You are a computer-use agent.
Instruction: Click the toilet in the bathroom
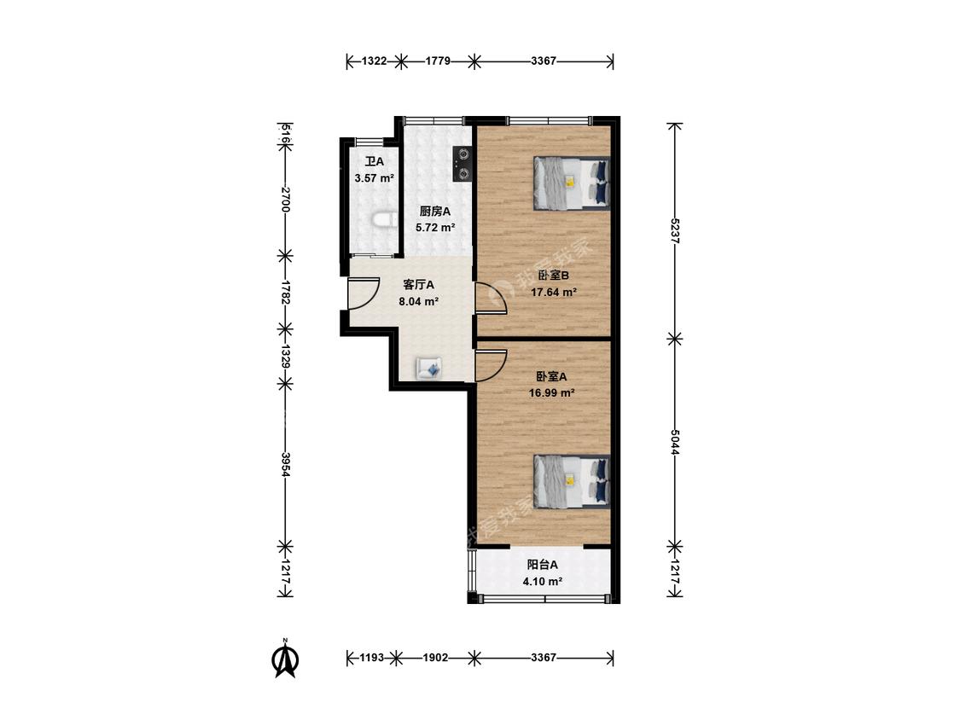[381, 220]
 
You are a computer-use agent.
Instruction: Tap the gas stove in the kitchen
[463, 164]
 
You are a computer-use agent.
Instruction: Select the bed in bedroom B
[572, 183]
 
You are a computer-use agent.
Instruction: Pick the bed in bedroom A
[572, 481]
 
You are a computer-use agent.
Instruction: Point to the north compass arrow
[285, 659]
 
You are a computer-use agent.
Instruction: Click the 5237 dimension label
[675, 231]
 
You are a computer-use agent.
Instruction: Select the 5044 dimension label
[675, 441]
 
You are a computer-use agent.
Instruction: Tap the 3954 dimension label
[285, 465]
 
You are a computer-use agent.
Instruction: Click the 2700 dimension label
[285, 199]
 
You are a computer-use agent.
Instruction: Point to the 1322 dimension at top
[374, 61]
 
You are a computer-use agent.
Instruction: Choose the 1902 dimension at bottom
[435, 658]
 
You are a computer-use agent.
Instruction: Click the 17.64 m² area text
[554, 292]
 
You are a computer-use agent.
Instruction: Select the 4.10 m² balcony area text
[543, 581]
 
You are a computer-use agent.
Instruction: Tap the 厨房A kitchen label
[434, 212]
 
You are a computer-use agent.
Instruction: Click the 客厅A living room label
[419, 285]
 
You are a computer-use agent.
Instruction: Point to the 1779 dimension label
[438, 61]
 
